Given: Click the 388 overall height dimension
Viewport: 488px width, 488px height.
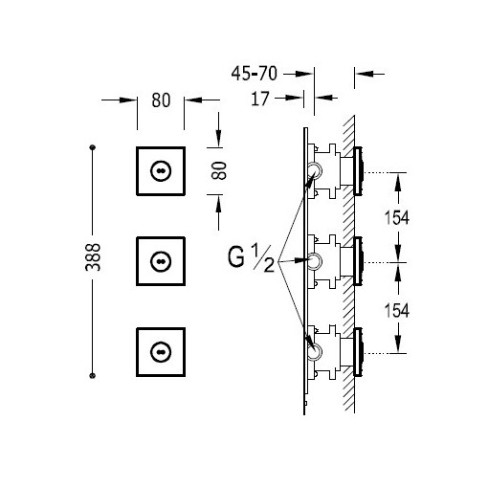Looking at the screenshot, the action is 93,257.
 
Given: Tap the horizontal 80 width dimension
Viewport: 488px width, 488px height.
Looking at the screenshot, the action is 161,100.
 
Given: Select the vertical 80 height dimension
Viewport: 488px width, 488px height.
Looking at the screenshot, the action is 219,170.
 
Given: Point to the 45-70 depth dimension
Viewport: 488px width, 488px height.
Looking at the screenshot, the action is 255,74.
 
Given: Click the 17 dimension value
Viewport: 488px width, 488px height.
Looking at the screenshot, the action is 260,99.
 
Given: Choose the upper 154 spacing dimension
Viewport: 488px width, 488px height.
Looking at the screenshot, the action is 396,218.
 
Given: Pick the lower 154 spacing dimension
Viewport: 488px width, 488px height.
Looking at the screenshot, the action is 396,311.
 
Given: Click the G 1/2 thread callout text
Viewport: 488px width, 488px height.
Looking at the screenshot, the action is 251,257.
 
